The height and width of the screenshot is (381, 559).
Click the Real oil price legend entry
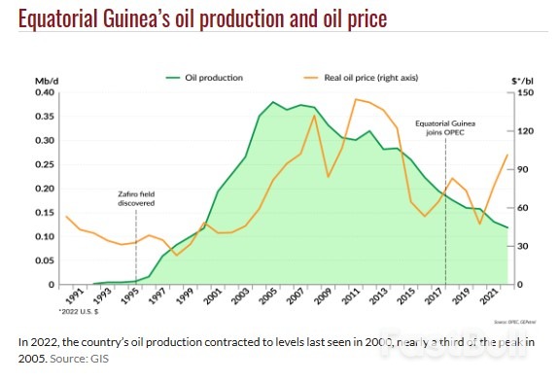pos(354,77)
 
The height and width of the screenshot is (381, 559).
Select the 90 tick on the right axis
pos(522,170)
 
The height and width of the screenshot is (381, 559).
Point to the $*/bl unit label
pos(524,78)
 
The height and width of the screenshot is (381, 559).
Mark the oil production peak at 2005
pos(273,102)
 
